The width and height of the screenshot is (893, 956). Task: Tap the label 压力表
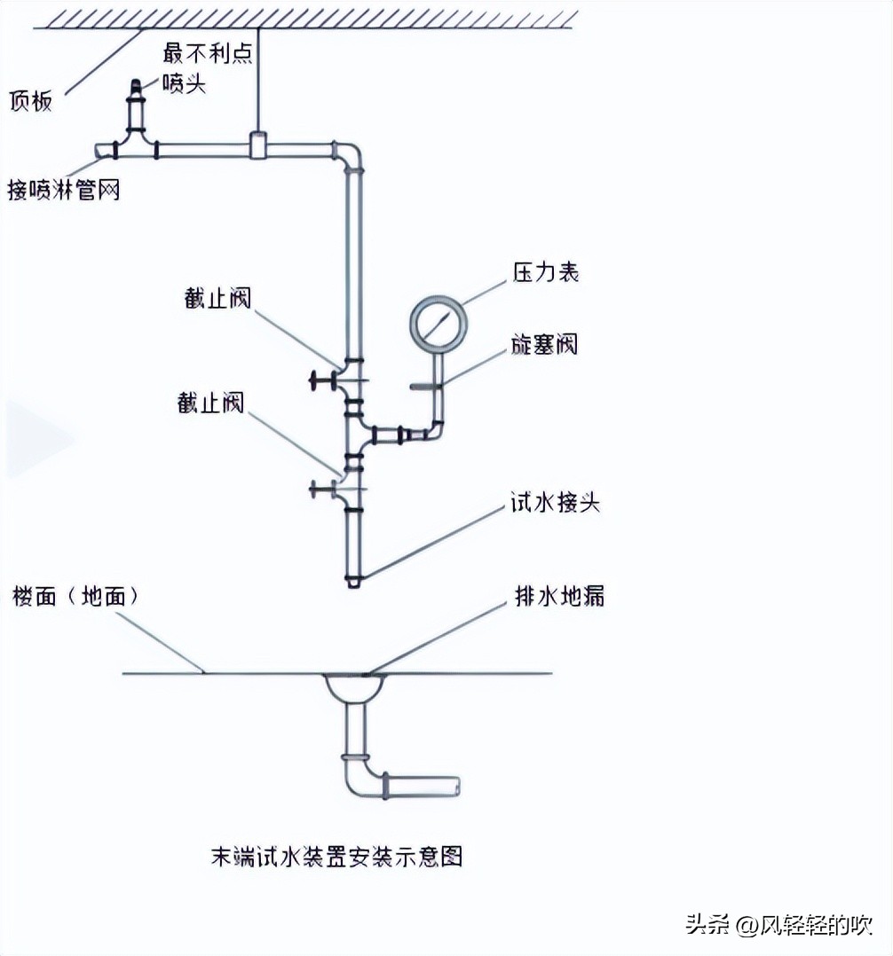pos(545,271)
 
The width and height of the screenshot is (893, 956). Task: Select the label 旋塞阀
pos(544,344)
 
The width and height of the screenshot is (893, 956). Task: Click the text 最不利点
pos(209,53)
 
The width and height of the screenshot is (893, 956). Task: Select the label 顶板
pos(31,100)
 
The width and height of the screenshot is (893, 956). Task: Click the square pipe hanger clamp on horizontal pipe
pos(258,145)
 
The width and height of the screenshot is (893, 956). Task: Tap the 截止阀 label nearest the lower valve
pos(210,404)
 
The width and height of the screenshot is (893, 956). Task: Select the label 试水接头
pos(555,503)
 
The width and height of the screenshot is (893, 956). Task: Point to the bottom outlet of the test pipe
pos(353,583)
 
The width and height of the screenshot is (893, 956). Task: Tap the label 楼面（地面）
pos(75,596)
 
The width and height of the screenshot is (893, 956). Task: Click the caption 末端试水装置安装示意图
pos(336,856)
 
